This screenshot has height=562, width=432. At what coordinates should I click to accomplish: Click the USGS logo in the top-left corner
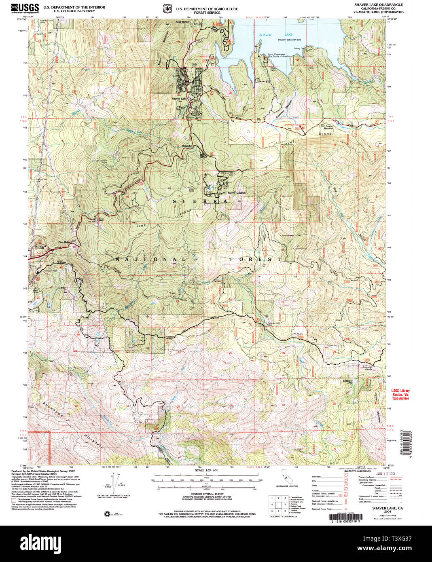(x=25, y=8)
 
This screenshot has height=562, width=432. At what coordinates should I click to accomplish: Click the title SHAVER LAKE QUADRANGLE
(x=378, y=5)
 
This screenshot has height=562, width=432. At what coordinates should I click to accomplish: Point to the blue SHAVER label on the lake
(x=265, y=35)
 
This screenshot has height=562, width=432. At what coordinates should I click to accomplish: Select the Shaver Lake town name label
(x=179, y=99)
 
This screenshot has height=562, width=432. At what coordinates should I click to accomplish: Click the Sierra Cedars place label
(x=236, y=193)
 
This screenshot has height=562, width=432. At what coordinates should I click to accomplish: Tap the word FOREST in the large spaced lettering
(x=255, y=259)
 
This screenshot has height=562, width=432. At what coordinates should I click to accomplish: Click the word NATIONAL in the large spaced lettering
(x=151, y=259)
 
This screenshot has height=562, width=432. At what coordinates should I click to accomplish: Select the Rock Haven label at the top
(x=182, y=22)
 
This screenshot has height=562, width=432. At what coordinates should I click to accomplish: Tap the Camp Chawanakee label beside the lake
(x=277, y=54)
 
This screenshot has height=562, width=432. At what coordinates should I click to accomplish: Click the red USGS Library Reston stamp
(x=400, y=395)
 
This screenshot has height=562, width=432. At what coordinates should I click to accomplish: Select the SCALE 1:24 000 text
(x=206, y=470)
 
